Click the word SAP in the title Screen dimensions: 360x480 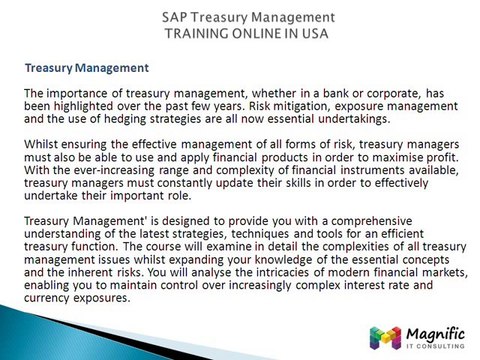[175, 17]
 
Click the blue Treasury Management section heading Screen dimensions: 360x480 [87, 68]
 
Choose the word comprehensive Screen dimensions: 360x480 [396, 220]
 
